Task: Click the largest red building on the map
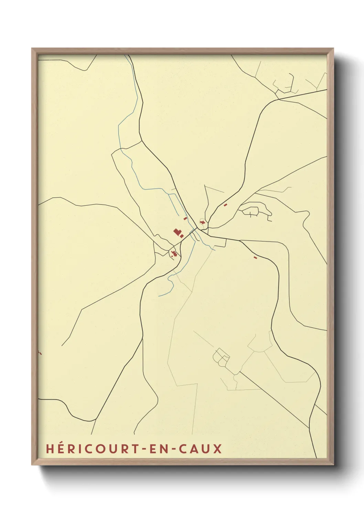coord(177,232)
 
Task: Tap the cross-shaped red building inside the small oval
coord(202,223)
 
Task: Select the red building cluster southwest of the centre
coord(174,254)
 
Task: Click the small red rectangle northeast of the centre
coord(225,205)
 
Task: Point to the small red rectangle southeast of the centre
coord(255,257)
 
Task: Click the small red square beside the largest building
coord(182,236)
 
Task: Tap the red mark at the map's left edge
coord(40,353)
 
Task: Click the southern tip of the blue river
coord(159,296)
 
